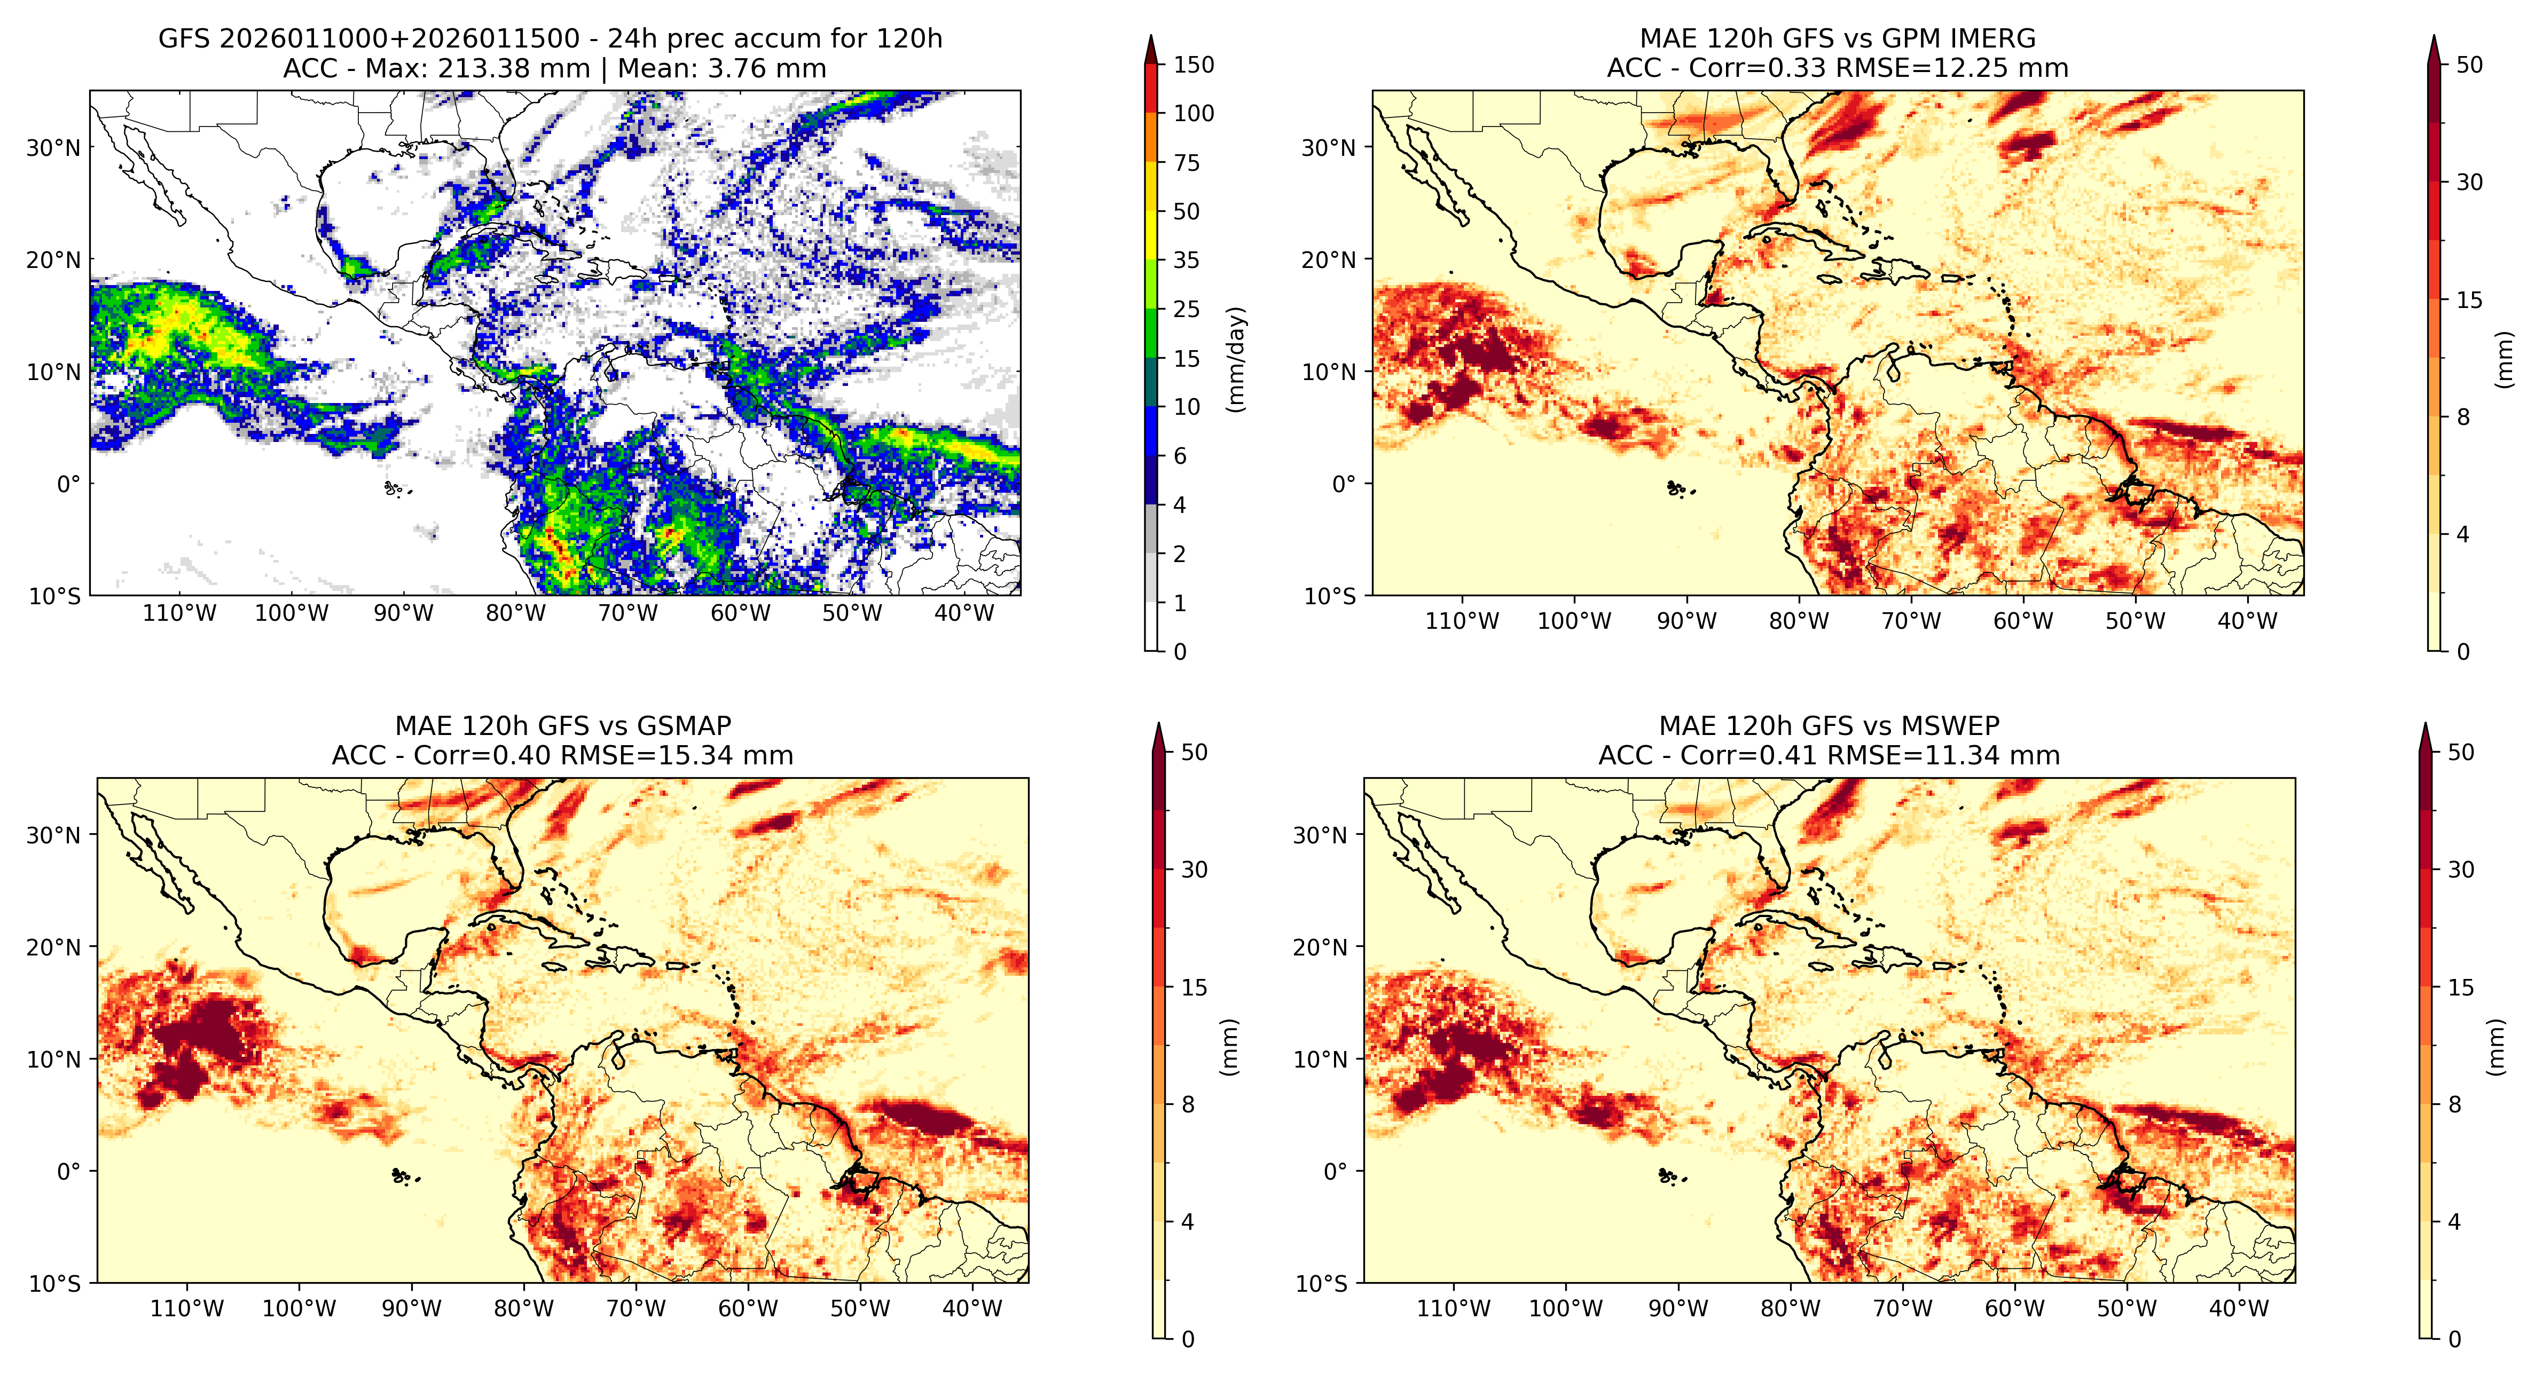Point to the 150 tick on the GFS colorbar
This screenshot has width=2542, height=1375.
1193,65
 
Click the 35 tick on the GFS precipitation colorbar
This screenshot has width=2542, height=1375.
1186,260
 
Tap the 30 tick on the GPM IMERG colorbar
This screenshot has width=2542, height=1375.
2469,183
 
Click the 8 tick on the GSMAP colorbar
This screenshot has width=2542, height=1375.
1188,1105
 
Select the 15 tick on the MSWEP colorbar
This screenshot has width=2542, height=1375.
2461,987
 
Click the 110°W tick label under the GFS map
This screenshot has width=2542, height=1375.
179,613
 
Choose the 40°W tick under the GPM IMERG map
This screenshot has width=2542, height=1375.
2248,621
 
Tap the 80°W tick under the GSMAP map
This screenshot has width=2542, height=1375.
523,1309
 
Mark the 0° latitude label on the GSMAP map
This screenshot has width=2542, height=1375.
69,1172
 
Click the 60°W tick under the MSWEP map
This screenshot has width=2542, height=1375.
2014,1309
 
